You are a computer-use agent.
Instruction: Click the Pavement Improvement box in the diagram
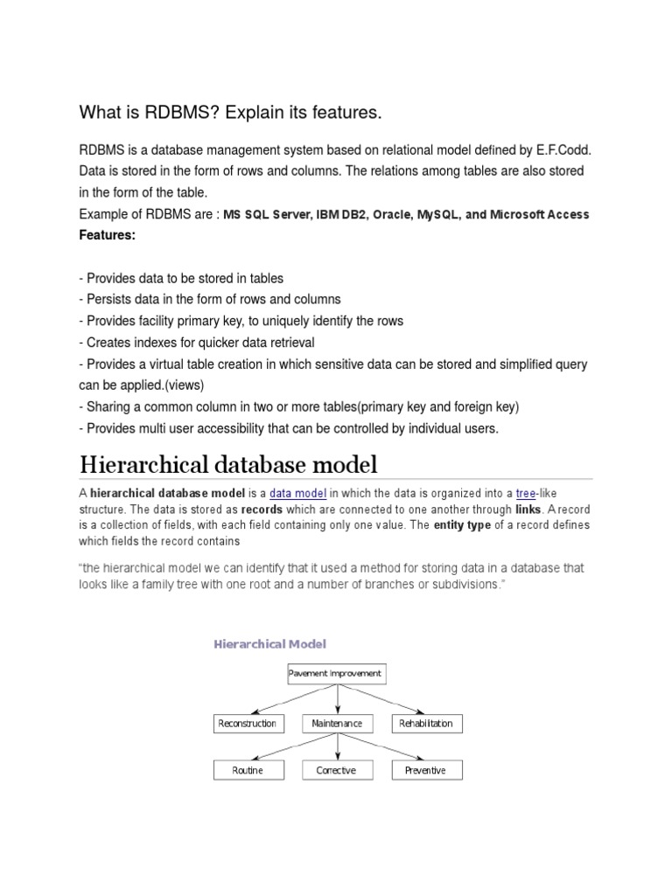pyautogui.click(x=336, y=673)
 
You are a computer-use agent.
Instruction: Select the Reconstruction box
pyautogui.click(x=248, y=724)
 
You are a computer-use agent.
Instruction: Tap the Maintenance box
pyautogui.click(x=337, y=724)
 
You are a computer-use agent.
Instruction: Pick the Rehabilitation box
pyautogui.click(x=426, y=724)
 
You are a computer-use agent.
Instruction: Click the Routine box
pyautogui.click(x=248, y=770)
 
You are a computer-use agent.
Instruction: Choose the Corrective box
pyautogui.click(x=337, y=770)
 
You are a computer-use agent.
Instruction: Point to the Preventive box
pyautogui.click(x=426, y=770)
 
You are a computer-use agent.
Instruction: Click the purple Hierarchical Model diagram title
pyautogui.click(x=269, y=644)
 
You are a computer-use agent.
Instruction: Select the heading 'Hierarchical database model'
pyautogui.click(x=228, y=462)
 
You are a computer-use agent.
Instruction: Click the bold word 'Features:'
pyautogui.click(x=108, y=236)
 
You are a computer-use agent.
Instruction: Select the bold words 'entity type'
pyautogui.click(x=465, y=525)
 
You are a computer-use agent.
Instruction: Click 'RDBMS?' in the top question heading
pyautogui.click(x=163, y=113)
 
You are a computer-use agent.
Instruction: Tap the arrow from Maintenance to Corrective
pyautogui.click(x=337, y=746)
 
